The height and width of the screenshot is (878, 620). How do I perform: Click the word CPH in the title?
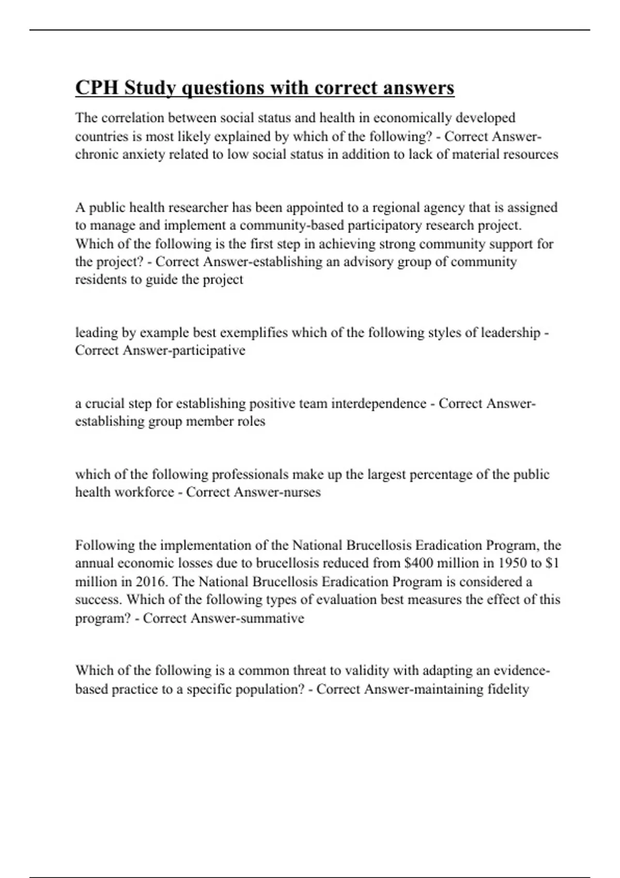tap(97, 88)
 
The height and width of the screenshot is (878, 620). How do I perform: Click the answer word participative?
tap(211, 351)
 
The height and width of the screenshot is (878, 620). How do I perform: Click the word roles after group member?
tap(251, 421)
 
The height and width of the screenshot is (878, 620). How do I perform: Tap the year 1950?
tap(504, 563)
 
